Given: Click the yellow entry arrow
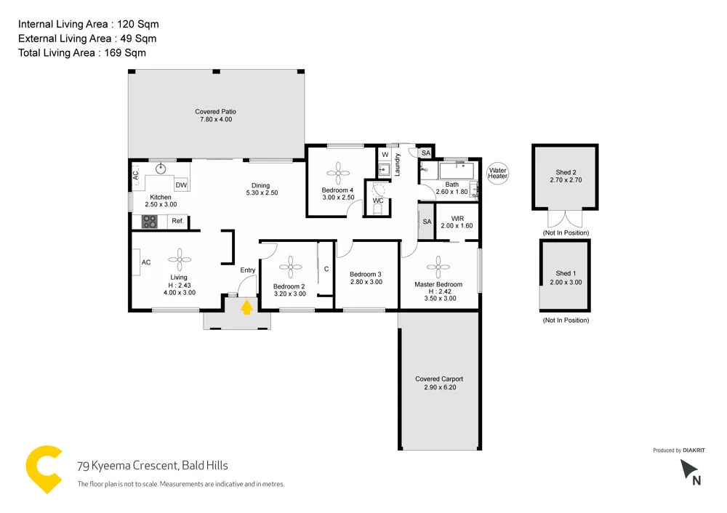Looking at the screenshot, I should pyautogui.click(x=246, y=307).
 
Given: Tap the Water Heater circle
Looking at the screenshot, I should pyautogui.click(x=498, y=174).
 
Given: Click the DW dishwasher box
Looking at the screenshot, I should pyautogui.click(x=181, y=186).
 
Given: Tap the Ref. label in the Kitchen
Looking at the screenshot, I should pyautogui.click(x=177, y=221).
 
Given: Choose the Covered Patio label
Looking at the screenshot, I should pyautogui.click(x=216, y=116).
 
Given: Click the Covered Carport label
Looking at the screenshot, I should pyautogui.click(x=439, y=383).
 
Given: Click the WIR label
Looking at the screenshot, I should pyautogui.click(x=457, y=222).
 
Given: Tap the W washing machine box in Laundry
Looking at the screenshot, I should pyautogui.click(x=385, y=155).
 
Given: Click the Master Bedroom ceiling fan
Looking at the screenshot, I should pyautogui.click(x=439, y=262).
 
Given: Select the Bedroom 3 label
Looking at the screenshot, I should pyautogui.click(x=366, y=278).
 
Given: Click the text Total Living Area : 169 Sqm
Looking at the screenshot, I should pyautogui.click(x=82, y=52).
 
